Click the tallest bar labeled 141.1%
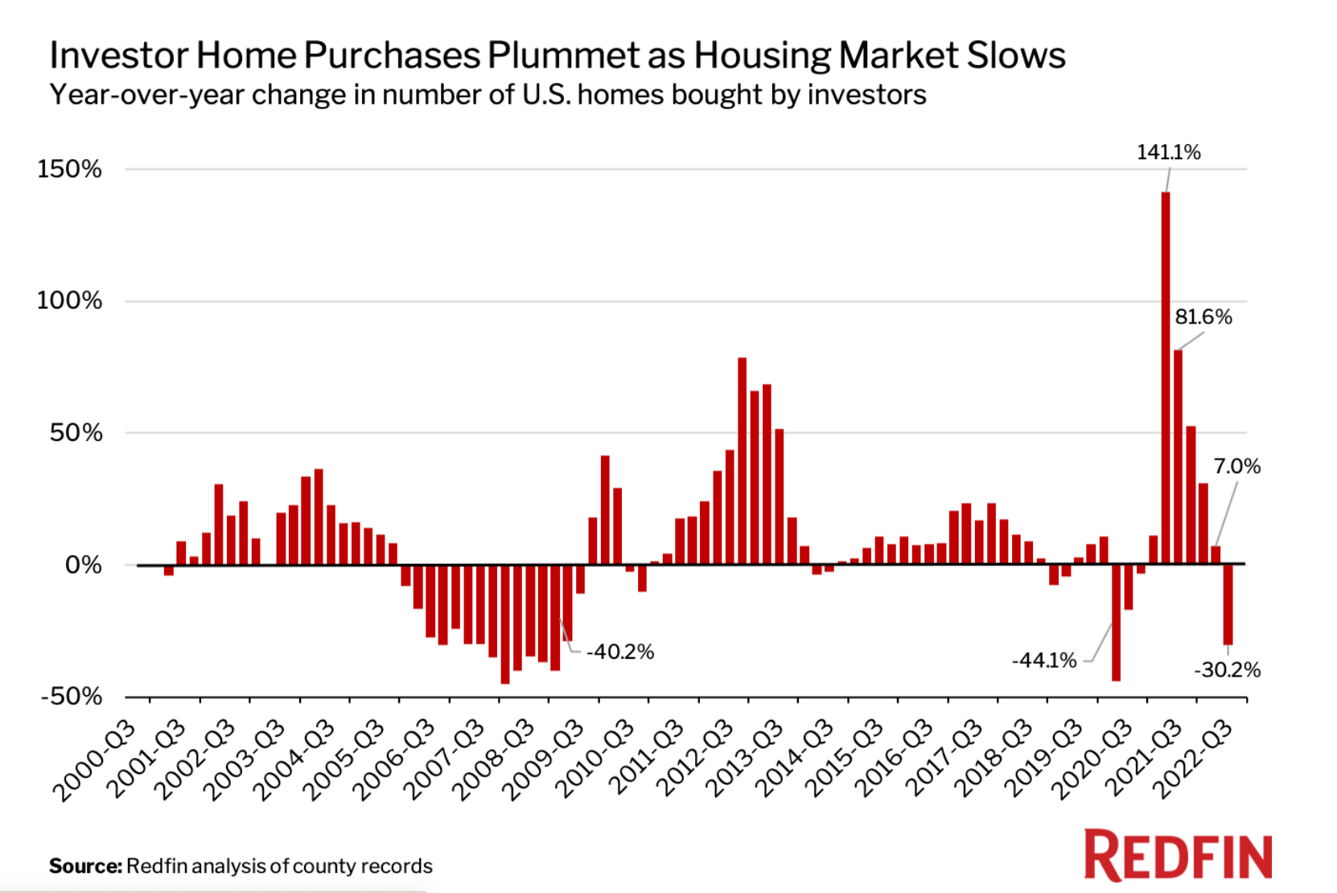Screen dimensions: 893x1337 1166,378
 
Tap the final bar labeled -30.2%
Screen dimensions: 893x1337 1228,604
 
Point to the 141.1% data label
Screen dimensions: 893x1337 1168,152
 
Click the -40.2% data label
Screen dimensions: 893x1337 620,652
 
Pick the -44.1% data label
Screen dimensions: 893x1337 1044,660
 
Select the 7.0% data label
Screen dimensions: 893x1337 1236,467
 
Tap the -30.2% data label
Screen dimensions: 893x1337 1227,670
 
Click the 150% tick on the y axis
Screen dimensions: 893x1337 70,169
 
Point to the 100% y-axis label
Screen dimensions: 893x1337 70,301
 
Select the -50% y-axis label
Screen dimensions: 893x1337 72,696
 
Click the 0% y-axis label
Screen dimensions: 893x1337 84,565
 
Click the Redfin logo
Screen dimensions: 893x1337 1178,855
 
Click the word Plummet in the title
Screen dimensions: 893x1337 585,56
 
